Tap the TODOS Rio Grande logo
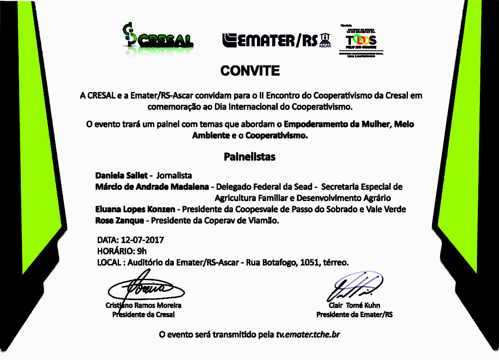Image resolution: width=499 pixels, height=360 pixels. click(x=361, y=40)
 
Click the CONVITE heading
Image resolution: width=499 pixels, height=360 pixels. click(x=250, y=71)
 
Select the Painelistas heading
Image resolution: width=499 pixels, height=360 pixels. click(x=249, y=157)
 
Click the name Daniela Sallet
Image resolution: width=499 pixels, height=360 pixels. click(x=121, y=175)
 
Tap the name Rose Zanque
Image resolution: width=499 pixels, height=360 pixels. click(x=119, y=220)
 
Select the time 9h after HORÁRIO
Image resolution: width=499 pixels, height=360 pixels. click(x=142, y=251)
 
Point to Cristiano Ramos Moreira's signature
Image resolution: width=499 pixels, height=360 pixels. click(x=143, y=288)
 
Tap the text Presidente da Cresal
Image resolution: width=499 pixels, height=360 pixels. click(x=143, y=315)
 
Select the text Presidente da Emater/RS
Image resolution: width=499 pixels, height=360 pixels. click(x=354, y=315)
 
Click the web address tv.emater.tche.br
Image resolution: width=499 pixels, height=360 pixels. click(x=308, y=334)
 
